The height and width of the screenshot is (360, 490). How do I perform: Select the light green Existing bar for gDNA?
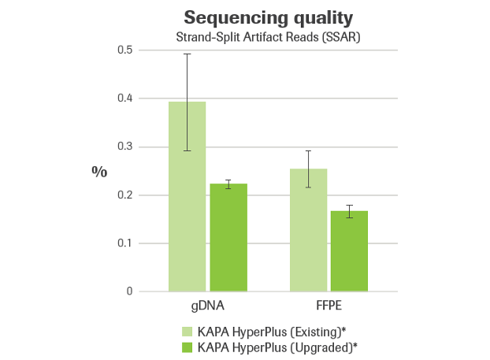(187, 197)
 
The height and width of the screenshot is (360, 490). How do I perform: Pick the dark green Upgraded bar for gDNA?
(228, 237)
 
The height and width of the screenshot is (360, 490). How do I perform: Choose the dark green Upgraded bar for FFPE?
(349, 251)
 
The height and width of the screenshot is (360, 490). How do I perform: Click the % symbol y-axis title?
(99, 172)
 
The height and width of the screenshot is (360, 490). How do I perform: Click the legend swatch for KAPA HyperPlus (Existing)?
(186, 332)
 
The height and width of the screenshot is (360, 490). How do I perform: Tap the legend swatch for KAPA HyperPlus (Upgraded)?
(186, 347)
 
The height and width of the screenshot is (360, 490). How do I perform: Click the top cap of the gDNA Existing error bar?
(187, 54)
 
